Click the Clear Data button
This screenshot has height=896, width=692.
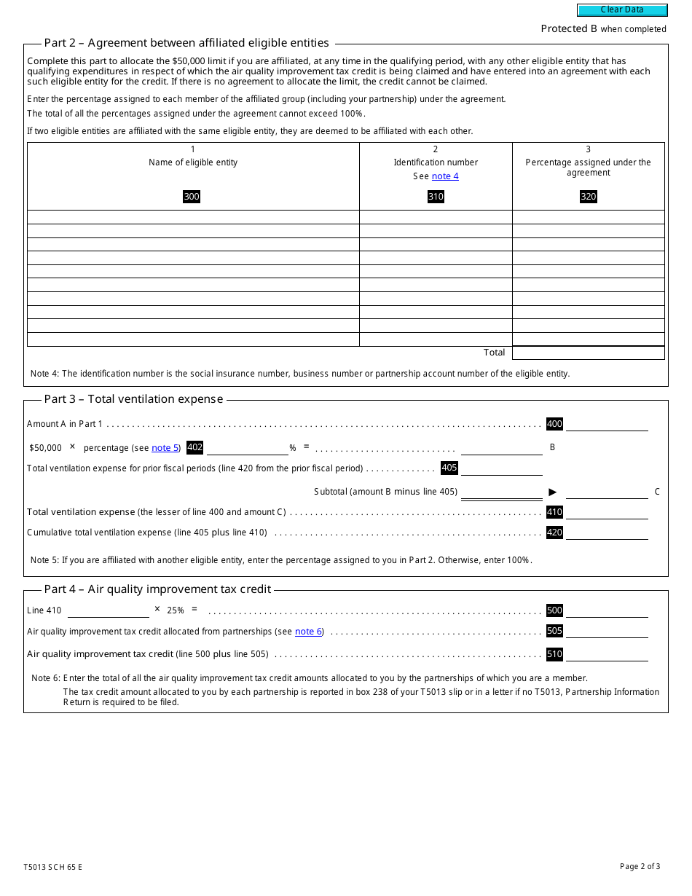(x=622, y=10)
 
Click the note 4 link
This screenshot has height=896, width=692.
(x=445, y=176)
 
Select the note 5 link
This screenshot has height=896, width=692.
(x=165, y=448)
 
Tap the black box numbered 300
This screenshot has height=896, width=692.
(x=192, y=197)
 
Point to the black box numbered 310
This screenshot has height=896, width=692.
(x=436, y=197)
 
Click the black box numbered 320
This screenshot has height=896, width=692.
(x=588, y=197)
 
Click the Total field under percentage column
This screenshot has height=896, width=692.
(x=588, y=353)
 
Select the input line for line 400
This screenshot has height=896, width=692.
(x=607, y=424)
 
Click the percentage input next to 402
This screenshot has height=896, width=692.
(x=248, y=448)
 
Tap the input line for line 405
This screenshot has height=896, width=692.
(x=501, y=468)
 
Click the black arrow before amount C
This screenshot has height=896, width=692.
(x=553, y=492)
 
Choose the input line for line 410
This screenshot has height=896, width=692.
(x=607, y=512)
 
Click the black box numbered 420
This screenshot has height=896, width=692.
(x=554, y=533)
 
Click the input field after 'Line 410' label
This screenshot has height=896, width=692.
(x=108, y=610)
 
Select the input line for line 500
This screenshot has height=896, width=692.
(x=607, y=610)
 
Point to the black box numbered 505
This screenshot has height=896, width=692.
(x=554, y=631)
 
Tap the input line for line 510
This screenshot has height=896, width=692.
(x=607, y=654)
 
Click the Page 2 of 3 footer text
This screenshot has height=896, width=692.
(x=640, y=866)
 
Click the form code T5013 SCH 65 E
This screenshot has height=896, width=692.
(x=52, y=867)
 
